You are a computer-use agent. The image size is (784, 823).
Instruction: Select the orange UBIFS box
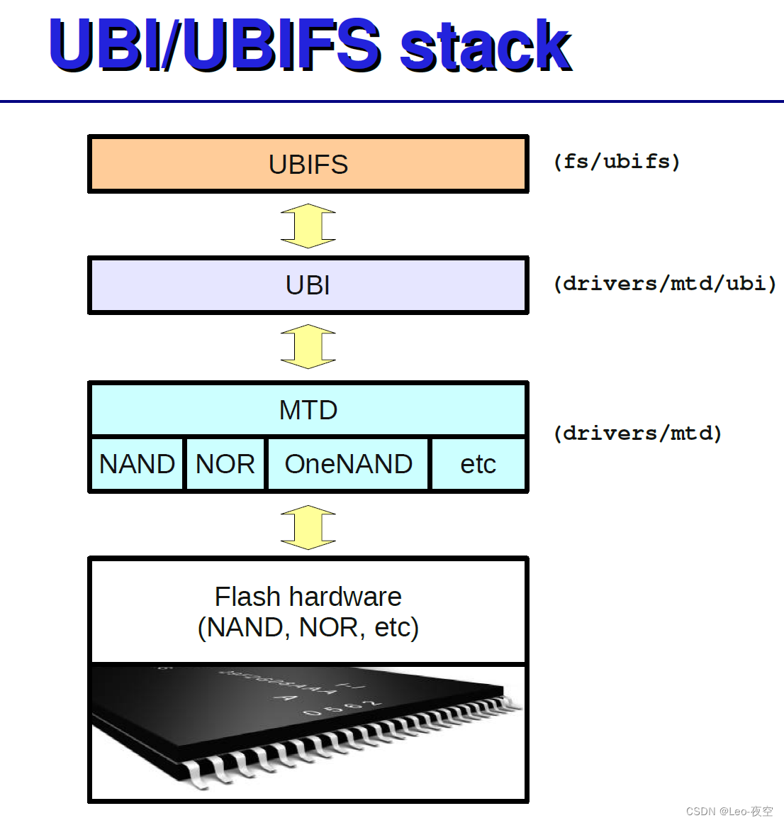point(308,165)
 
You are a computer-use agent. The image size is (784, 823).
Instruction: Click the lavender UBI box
point(308,285)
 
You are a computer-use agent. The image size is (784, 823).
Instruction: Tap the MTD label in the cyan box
point(308,410)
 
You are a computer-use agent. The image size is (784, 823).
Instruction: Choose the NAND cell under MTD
point(137,464)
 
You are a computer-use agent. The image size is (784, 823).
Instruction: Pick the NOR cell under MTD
point(225,464)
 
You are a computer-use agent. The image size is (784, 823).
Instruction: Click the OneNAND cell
point(348,464)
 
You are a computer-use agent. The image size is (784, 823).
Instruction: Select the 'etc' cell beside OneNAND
point(478,464)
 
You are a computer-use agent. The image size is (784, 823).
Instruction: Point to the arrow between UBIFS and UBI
point(308,226)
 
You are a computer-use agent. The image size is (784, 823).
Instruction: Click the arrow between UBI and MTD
point(308,346)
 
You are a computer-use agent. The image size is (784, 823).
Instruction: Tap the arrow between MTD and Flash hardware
point(308,527)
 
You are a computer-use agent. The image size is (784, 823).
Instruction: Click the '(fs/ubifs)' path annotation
point(617,162)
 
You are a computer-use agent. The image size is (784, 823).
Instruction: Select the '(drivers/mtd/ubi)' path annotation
point(665,284)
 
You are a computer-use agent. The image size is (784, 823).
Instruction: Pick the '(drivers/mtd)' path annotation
point(637,433)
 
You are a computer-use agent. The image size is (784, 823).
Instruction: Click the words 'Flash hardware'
point(308,597)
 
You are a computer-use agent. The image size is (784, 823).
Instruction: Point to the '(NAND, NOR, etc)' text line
point(308,628)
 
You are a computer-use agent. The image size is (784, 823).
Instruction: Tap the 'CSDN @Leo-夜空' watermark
point(729,811)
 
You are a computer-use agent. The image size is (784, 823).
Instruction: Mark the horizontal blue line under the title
point(392,101)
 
